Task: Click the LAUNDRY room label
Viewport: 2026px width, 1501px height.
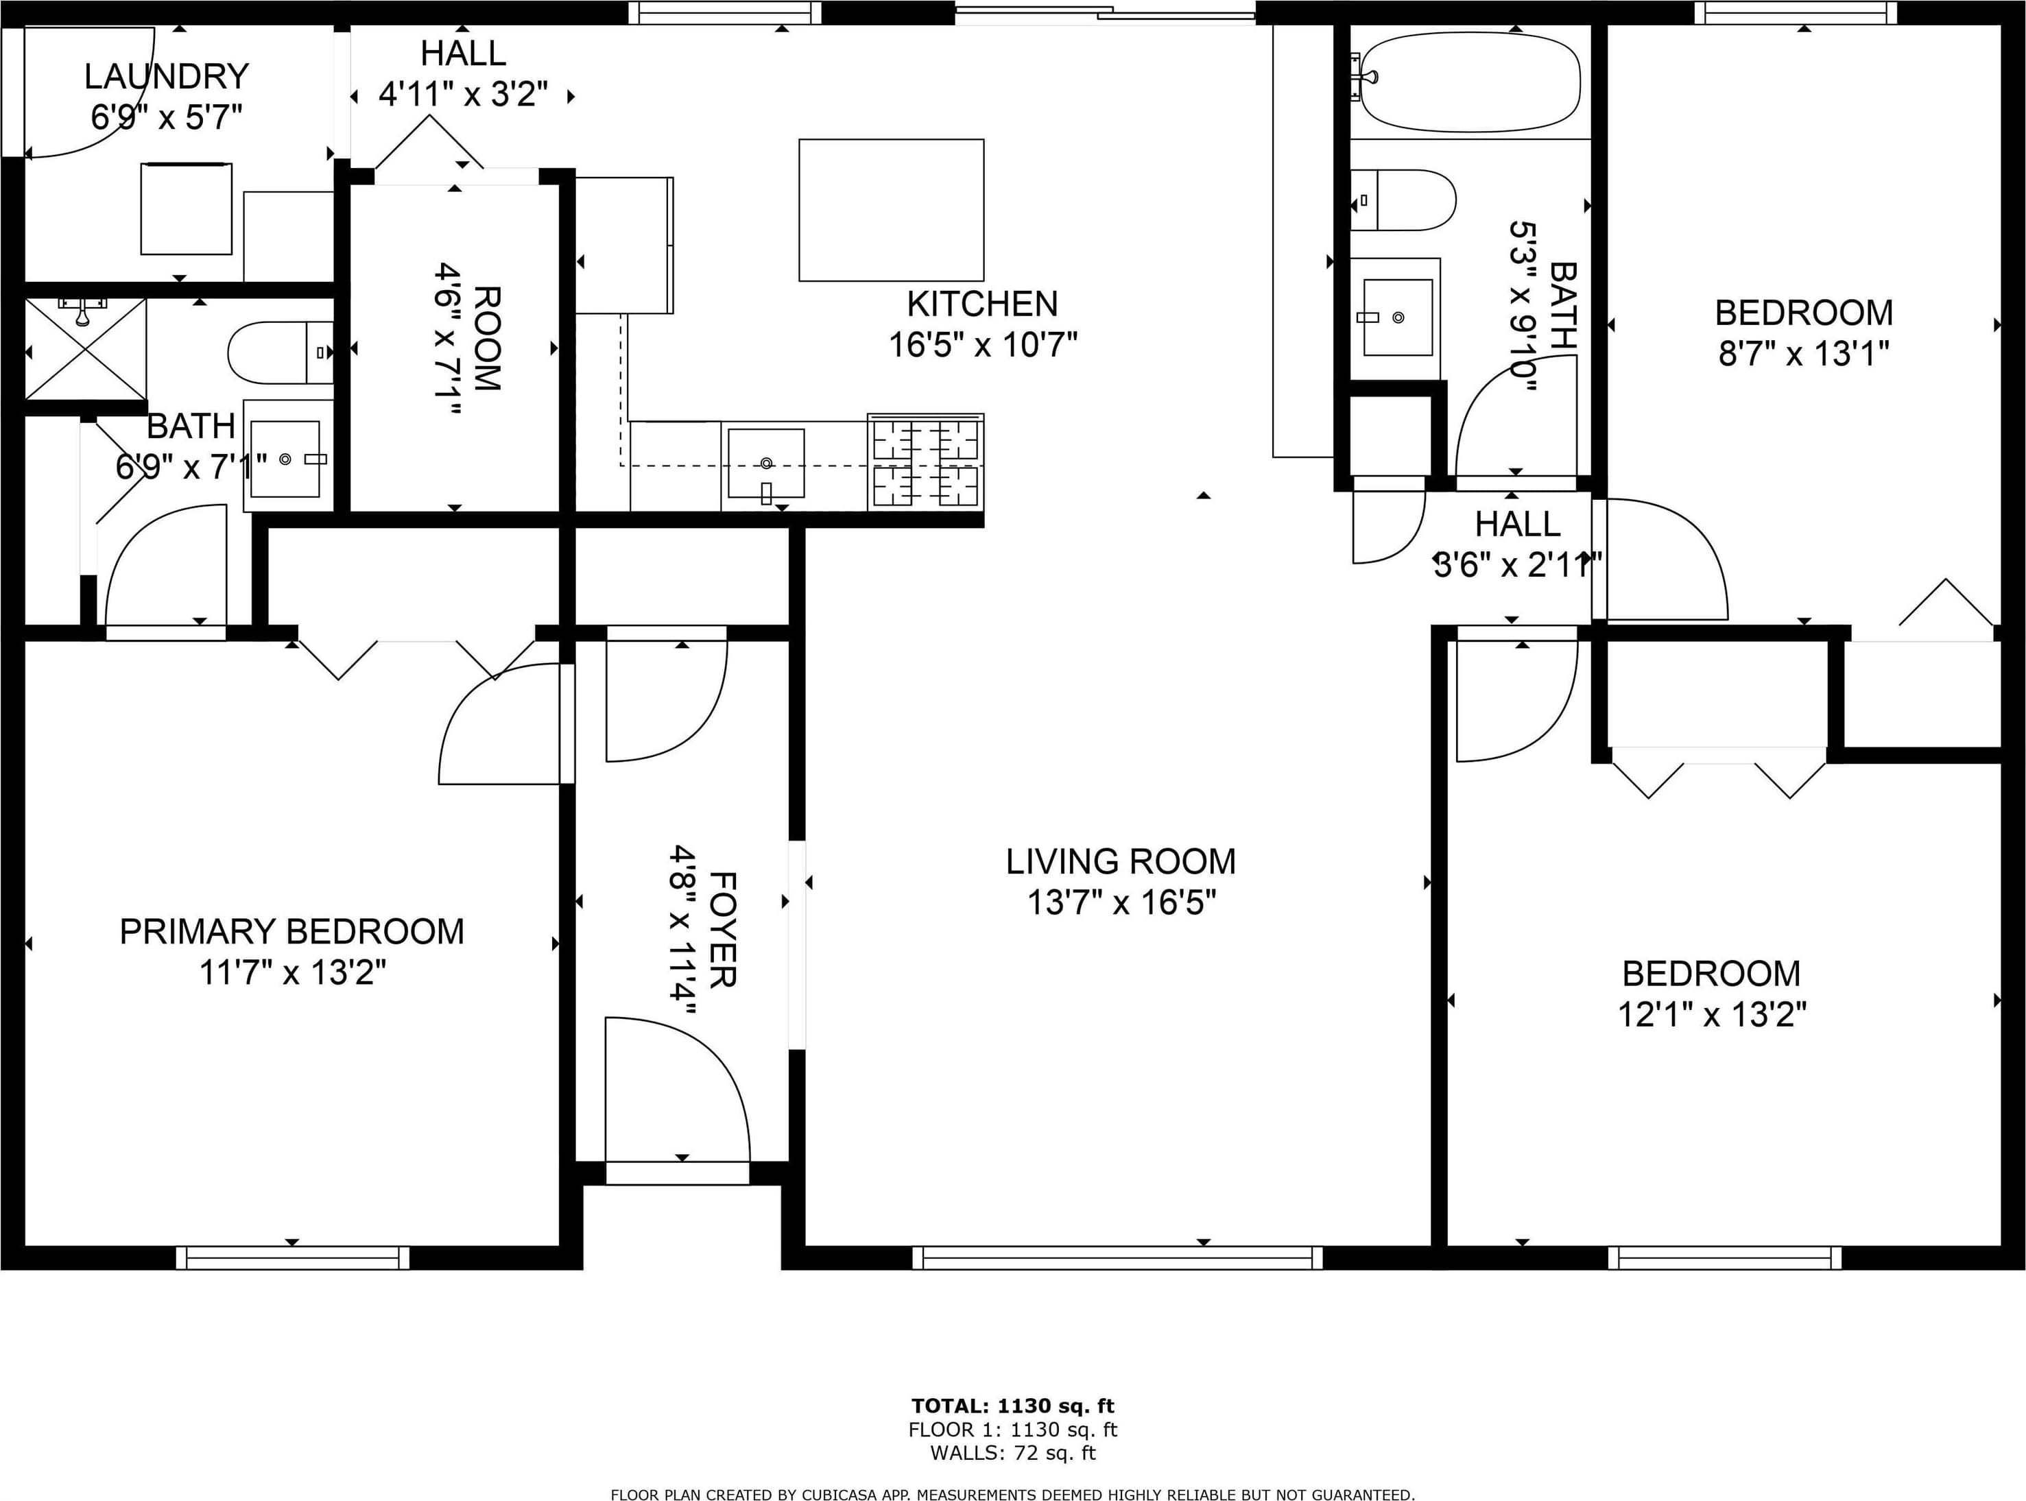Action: [166, 76]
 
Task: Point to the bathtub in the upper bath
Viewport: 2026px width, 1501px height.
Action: [1469, 82]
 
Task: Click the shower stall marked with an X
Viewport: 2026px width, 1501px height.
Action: [86, 350]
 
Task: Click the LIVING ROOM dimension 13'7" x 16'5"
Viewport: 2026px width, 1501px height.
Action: [1121, 903]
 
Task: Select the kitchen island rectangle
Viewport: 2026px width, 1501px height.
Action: [891, 210]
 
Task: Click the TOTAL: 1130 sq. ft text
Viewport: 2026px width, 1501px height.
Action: [1013, 1406]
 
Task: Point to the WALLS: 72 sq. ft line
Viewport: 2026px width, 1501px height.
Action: [1013, 1453]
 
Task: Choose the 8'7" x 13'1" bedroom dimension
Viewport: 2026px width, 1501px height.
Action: [1803, 353]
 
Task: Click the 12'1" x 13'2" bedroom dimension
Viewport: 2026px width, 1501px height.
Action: [1712, 1014]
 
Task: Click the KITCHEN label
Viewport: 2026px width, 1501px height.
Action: [982, 304]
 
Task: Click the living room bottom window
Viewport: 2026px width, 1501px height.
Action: [1117, 1258]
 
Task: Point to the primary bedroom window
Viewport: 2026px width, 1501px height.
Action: [293, 1258]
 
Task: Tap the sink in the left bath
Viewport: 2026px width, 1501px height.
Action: [285, 459]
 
